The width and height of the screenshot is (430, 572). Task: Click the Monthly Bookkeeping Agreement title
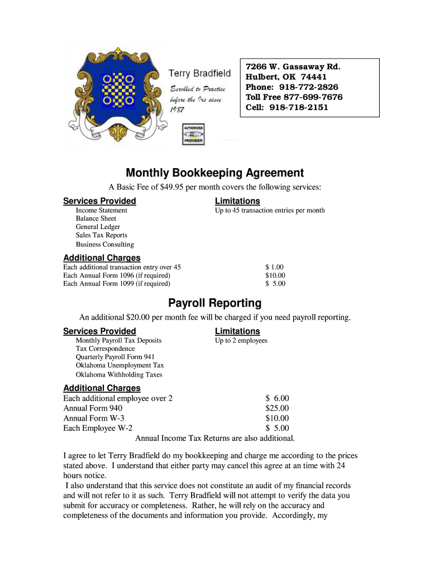point(214,173)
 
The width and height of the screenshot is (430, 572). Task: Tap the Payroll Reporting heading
point(214,303)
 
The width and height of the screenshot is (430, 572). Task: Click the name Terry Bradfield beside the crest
point(199,74)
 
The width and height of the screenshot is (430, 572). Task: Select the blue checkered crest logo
point(119,89)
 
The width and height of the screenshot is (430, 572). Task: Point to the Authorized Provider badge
point(193,135)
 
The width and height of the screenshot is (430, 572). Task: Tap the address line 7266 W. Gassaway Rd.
point(293,67)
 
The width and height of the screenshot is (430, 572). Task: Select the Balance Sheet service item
point(96,218)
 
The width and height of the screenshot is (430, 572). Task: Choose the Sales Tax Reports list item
point(102,235)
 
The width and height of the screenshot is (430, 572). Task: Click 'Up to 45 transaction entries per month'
point(270,211)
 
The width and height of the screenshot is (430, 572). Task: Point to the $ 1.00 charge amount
point(275,268)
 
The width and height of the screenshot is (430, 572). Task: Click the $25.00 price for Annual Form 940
point(277,408)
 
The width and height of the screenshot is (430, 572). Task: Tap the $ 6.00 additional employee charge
point(277,398)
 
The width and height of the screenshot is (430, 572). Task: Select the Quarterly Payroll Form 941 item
point(115,357)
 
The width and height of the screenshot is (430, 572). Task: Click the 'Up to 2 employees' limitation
point(241,341)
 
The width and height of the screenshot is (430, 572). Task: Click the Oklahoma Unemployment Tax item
point(120,365)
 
